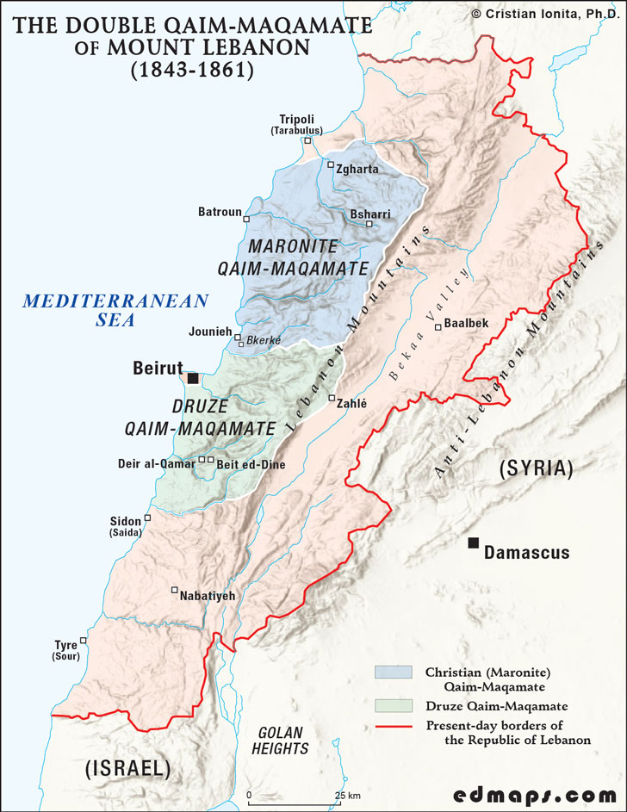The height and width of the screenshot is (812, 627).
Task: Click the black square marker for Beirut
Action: coord(193,378)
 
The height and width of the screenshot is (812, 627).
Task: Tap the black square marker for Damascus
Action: coord(473,543)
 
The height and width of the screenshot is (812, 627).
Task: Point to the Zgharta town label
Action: coord(357,170)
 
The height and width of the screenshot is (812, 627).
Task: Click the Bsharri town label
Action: coord(370,214)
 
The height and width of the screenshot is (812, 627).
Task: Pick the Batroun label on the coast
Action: coord(220,212)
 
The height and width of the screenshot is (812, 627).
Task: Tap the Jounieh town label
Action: coord(209,332)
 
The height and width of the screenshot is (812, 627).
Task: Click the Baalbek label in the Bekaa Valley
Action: coord(467,324)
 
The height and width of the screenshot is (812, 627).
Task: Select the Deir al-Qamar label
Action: coord(156,464)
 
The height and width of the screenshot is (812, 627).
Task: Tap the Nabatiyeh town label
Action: coord(207,595)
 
